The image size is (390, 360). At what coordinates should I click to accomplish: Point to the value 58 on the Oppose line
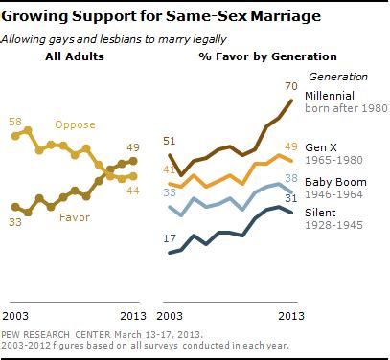[x=16, y=123]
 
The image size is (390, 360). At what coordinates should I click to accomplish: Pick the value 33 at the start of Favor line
[x=16, y=222]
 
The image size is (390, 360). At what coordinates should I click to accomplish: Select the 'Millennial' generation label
[x=331, y=97]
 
